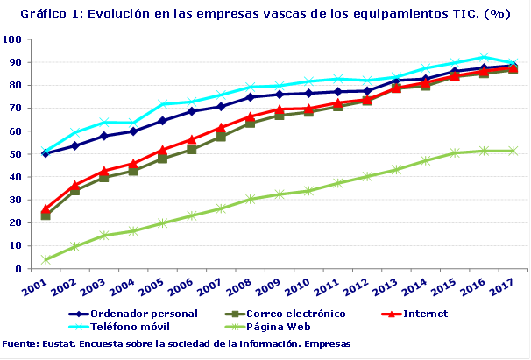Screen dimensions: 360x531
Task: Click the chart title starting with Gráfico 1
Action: click(x=265, y=14)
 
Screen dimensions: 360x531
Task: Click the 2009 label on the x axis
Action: click(x=267, y=286)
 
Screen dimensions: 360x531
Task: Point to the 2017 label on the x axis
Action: click(x=501, y=286)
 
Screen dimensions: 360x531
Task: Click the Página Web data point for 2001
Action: click(x=46, y=260)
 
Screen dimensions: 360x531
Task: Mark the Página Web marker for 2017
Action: click(x=513, y=151)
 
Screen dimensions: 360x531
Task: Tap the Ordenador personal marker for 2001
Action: click(x=46, y=153)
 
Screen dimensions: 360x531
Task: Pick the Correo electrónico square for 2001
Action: click(x=46, y=215)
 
